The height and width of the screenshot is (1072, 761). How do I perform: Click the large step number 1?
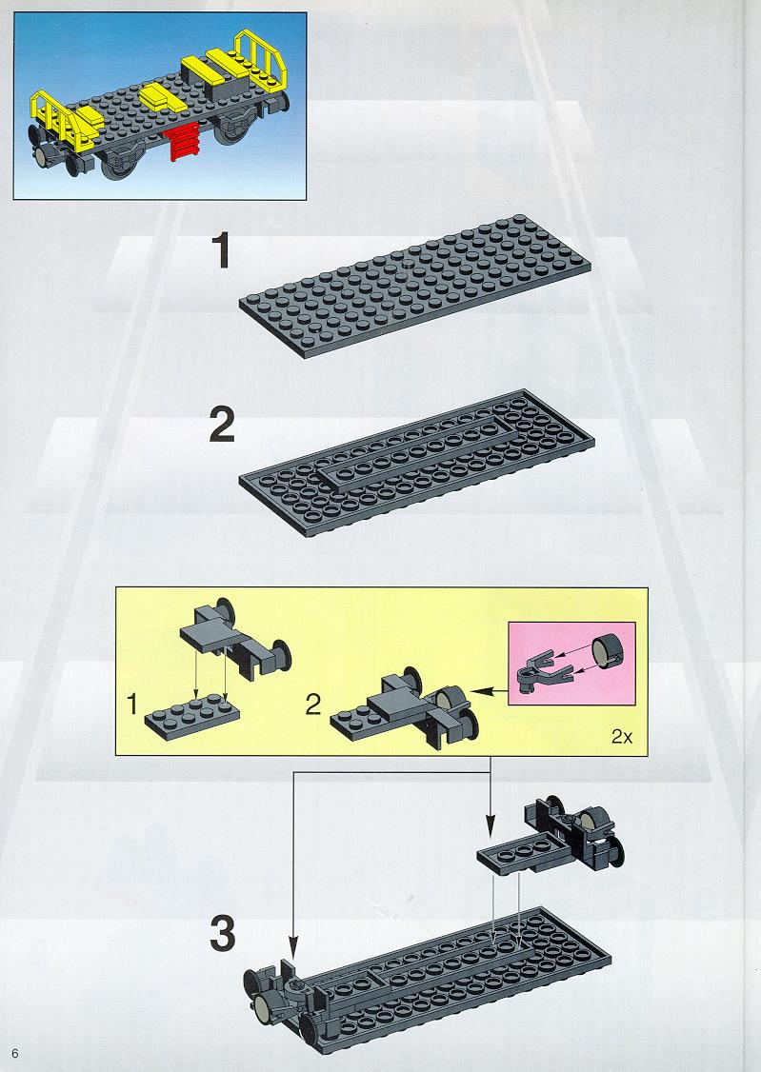221,250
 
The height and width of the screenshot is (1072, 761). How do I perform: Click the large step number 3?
222,934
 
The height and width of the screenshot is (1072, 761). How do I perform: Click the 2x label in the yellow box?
622,736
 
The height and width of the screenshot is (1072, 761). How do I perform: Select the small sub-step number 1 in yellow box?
133,704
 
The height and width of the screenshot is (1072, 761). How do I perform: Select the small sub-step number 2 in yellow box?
313,704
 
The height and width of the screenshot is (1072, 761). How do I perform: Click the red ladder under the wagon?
181,142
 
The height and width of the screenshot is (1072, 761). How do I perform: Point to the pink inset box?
572,664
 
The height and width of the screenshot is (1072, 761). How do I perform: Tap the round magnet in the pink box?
607,649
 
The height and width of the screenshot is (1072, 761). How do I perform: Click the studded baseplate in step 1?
415,286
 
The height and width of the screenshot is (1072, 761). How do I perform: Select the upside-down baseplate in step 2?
416,462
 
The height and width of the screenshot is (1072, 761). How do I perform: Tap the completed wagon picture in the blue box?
160,106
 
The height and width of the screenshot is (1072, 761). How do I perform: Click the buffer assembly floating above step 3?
551,837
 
